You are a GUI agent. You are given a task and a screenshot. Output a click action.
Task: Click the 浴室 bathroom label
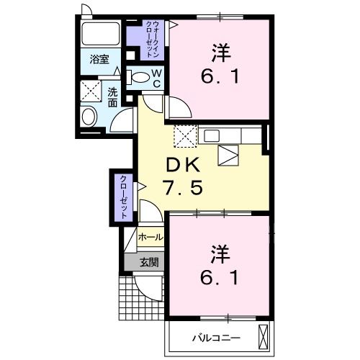click(99, 60)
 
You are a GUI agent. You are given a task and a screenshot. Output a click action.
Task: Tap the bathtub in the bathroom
click(100, 34)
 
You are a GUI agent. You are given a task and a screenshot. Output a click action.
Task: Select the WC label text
click(156, 78)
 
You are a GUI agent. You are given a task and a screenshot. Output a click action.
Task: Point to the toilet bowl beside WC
click(140, 77)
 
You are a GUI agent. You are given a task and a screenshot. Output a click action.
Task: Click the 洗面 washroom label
click(113, 96)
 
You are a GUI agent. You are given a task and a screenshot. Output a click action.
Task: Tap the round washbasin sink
click(90, 117)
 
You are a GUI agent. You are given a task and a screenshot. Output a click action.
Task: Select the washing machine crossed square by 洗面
click(91, 91)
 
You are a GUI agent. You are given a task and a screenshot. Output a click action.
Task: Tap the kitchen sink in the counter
click(228, 153)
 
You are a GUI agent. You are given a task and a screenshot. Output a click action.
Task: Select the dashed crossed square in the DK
click(185, 135)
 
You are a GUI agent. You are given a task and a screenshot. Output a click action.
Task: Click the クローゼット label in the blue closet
click(124, 197)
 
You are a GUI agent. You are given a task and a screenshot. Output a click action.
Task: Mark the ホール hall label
click(149, 236)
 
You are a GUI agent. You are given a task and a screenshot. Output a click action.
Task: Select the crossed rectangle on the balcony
click(264, 336)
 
